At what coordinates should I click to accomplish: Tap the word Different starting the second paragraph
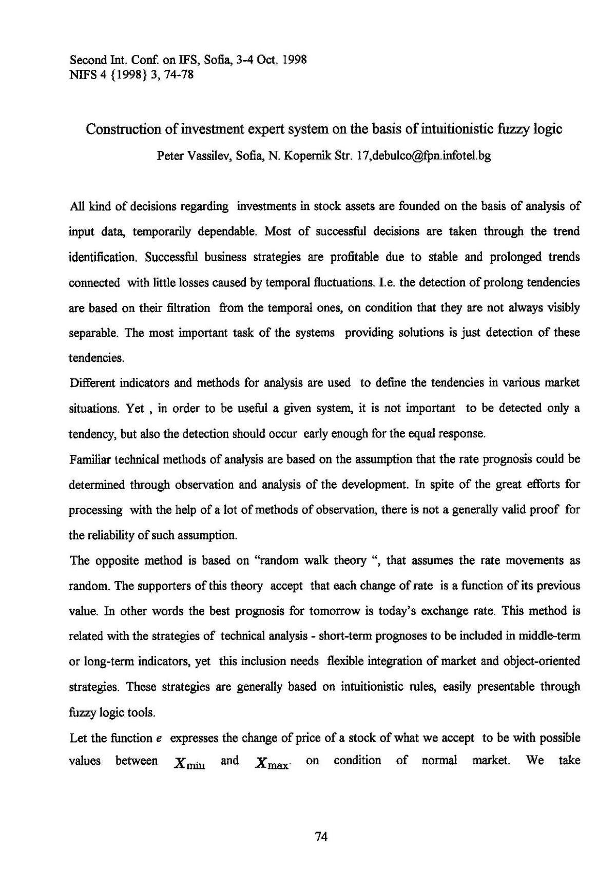(92, 383)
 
